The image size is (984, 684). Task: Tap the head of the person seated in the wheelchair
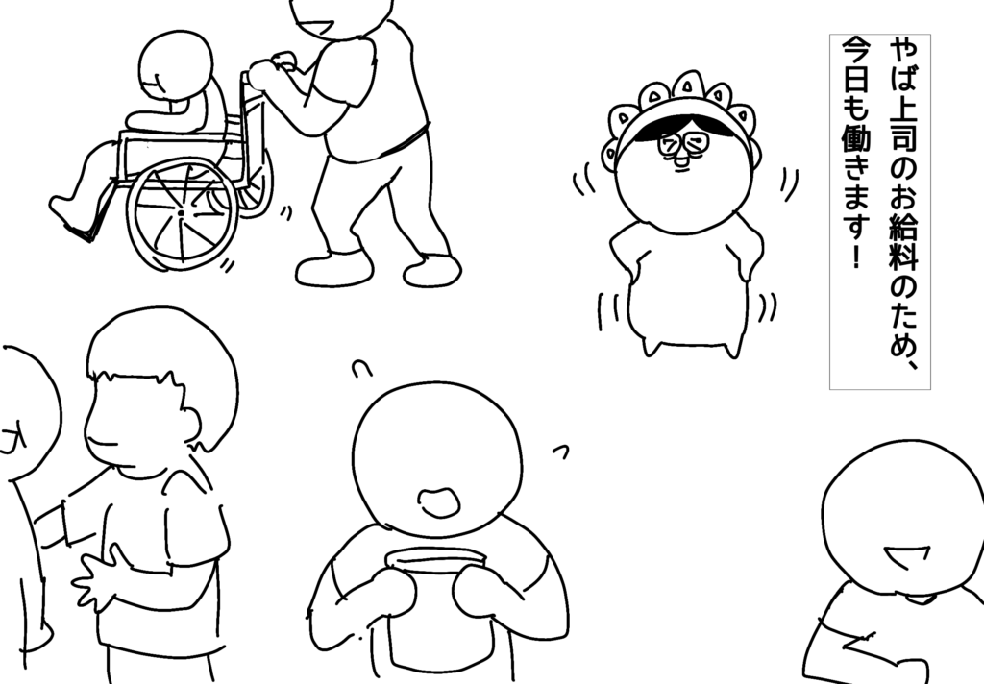click(175, 64)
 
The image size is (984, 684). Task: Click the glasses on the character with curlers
click(683, 145)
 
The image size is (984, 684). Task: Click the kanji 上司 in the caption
click(903, 128)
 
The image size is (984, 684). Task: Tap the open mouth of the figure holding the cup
click(439, 502)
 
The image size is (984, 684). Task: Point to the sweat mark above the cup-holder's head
click(360, 370)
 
